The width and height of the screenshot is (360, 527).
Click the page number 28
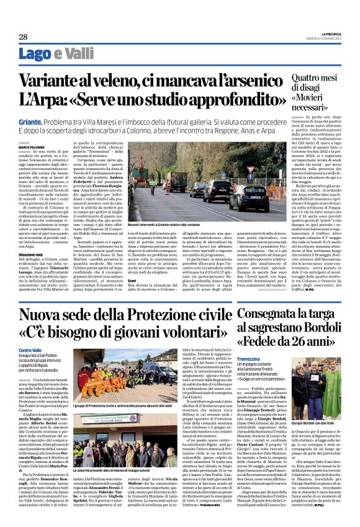point(14,37)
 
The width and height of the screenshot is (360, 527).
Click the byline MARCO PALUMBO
point(24,146)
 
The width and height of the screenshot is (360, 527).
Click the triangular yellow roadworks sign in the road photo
point(271,186)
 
